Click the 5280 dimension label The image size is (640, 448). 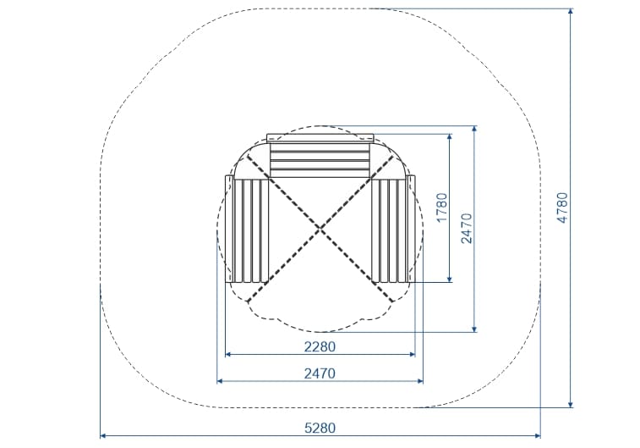pyautogui.click(x=320, y=428)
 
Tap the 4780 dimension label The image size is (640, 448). pyautogui.click(x=562, y=207)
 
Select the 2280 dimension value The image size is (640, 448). pyautogui.click(x=320, y=346)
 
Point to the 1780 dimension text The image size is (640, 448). pyautogui.click(x=442, y=207)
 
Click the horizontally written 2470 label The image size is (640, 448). pyautogui.click(x=320, y=373)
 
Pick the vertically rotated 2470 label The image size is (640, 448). pyautogui.click(x=467, y=228)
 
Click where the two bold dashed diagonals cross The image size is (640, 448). pyautogui.click(x=320, y=228)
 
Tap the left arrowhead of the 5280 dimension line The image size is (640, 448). pyautogui.click(x=103, y=436)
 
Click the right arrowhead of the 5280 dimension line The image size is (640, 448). pyautogui.click(x=538, y=436)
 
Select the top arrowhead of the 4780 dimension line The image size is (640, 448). pyautogui.click(x=571, y=12)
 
